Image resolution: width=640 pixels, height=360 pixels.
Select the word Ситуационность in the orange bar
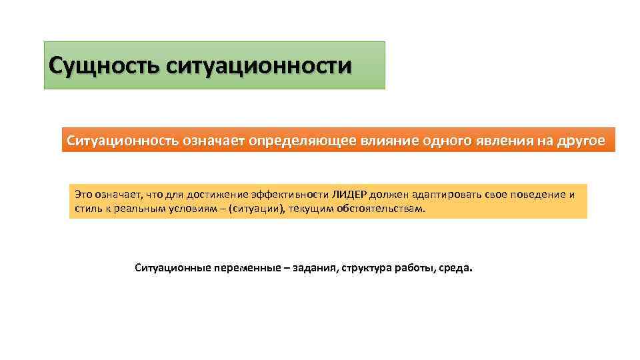coord(122,141)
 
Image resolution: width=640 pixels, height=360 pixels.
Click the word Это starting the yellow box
coord(83,195)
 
